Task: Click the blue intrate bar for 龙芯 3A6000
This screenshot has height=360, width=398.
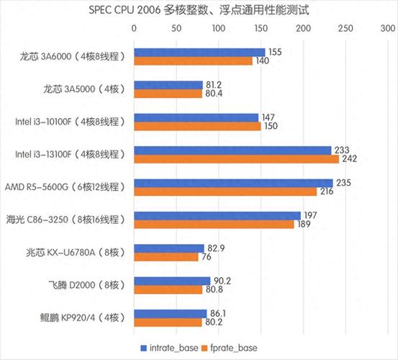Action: (x=199, y=53)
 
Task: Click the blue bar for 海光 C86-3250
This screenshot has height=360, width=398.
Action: (x=217, y=216)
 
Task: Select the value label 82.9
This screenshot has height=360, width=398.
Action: (x=214, y=248)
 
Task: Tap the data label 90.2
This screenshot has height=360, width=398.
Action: (x=221, y=282)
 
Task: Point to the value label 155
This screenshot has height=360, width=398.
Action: (x=273, y=53)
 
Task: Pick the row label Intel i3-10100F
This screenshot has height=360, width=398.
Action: (x=71, y=122)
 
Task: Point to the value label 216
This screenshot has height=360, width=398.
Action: (x=326, y=192)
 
